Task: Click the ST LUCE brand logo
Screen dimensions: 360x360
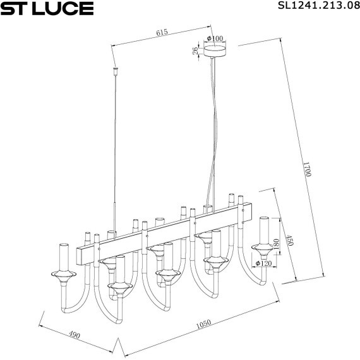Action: [47, 8]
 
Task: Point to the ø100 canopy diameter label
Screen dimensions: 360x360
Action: [215, 39]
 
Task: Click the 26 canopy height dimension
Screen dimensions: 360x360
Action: [196, 51]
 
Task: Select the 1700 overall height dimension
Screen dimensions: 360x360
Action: [307, 172]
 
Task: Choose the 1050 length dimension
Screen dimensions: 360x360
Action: [203, 324]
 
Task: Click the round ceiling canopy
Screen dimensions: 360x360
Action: [215, 49]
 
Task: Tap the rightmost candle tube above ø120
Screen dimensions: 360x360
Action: [264, 230]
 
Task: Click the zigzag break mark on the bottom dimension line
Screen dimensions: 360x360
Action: [118, 347]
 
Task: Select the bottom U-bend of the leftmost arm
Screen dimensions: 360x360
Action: [71, 309]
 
